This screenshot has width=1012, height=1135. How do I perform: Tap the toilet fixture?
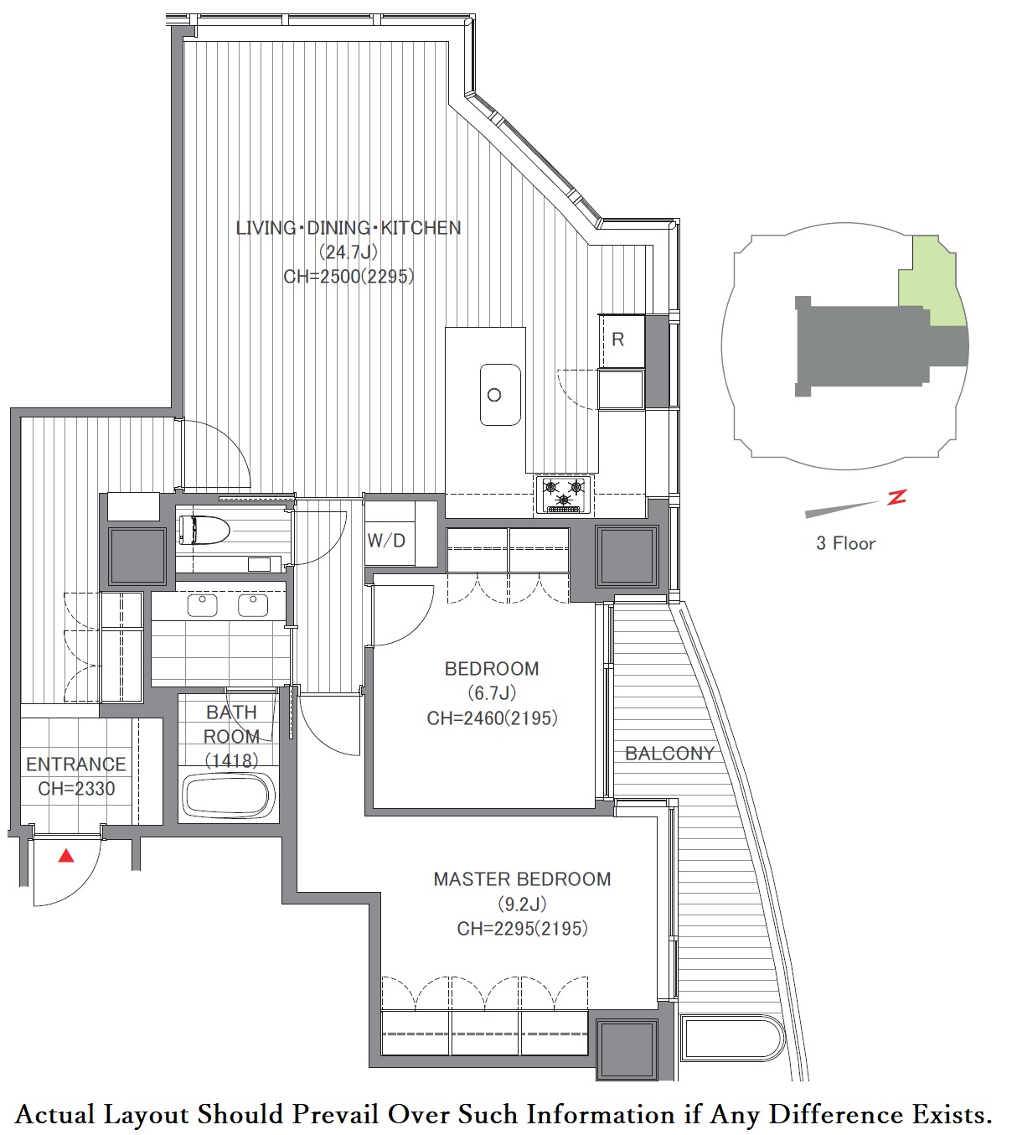click(x=204, y=530)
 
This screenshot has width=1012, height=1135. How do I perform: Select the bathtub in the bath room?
click(x=229, y=796)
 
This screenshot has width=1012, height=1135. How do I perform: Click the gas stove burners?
click(x=565, y=494)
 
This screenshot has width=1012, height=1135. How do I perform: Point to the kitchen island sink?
click(x=500, y=394)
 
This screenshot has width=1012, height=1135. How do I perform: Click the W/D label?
click(x=386, y=541)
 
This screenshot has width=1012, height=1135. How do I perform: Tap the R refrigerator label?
click(x=617, y=339)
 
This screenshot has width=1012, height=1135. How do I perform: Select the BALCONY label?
click(x=670, y=754)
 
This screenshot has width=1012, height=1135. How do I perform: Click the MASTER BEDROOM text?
click(x=522, y=879)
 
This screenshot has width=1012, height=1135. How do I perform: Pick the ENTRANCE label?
click(x=76, y=764)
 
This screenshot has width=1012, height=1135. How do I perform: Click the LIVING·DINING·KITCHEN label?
click(x=349, y=228)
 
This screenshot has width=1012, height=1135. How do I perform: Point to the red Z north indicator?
click(x=896, y=496)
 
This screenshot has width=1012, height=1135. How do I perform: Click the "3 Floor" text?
click(x=845, y=543)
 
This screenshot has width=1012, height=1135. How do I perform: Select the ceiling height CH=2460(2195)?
click(x=493, y=718)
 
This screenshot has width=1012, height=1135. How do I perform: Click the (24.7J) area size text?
click(x=349, y=252)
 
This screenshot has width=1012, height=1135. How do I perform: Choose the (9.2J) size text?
click(x=522, y=904)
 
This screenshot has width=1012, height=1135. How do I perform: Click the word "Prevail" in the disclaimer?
click(x=337, y=1114)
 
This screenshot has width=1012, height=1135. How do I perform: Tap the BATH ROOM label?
click(x=231, y=724)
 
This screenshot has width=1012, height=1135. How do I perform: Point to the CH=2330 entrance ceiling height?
click(x=76, y=789)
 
